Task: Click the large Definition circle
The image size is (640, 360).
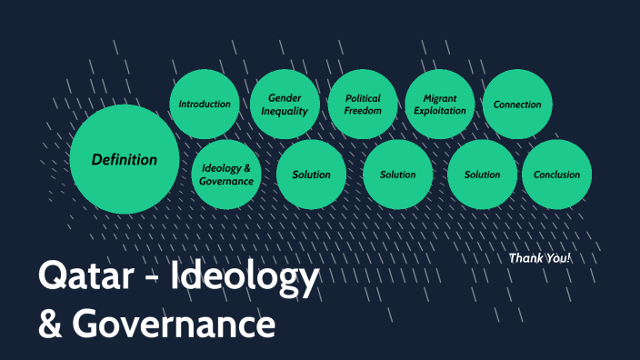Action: [124, 160]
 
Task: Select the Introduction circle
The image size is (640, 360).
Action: [205, 104]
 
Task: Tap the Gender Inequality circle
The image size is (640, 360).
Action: [285, 105]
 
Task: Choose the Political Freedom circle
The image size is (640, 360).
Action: [363, 105]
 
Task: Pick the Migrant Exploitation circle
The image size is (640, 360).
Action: [439, 105]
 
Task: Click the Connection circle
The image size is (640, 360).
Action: [517, 105]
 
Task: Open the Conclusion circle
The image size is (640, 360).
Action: [557, 175]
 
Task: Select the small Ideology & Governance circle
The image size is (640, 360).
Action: [226, 175]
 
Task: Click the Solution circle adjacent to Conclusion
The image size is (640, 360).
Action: [482, 175]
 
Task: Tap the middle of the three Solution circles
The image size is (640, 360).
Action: [397, 175]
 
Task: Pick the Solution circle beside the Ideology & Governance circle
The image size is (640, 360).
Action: [312, 175]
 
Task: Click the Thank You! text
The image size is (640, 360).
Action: [540, 258]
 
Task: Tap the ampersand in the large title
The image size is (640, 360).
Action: [48, 323]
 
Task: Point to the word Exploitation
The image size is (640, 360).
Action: [439, 111]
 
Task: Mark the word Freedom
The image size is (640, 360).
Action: [363, 111]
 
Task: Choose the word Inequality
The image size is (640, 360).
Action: [285, 111]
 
